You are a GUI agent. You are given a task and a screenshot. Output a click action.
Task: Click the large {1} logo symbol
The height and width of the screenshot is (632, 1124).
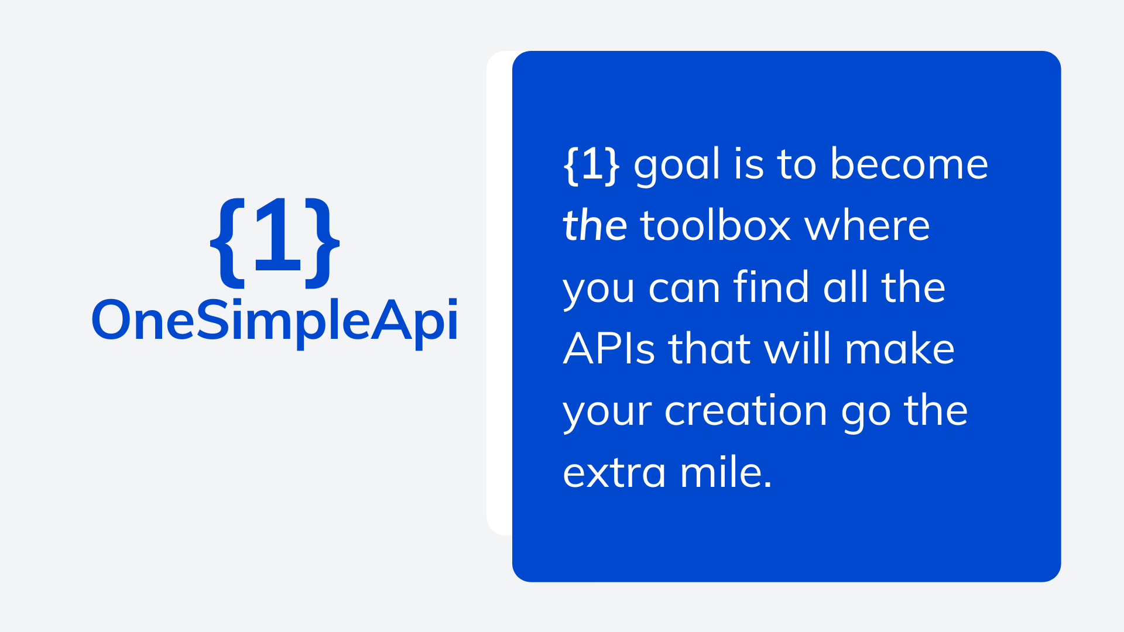coord(275,241)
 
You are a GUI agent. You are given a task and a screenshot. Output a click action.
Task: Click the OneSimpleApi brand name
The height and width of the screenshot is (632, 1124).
coord(275,320)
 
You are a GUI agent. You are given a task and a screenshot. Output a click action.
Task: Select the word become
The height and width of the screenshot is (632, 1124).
coord(909,164)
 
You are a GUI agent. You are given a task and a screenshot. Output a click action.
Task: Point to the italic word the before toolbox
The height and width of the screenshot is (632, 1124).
coord(594,226)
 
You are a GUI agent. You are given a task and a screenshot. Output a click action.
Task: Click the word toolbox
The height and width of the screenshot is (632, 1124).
coord(715,226)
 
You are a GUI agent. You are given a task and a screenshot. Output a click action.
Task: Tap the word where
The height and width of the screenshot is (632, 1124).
coord(867,226)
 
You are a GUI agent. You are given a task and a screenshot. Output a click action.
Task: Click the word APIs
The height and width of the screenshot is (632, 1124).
coord(608,349)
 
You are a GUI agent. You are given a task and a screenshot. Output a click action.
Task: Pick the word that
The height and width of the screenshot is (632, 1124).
coord(709,349)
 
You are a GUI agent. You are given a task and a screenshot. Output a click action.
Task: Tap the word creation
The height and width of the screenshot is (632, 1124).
coord(745,411)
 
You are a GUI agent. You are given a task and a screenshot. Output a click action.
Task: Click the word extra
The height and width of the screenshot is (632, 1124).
coord(614,473)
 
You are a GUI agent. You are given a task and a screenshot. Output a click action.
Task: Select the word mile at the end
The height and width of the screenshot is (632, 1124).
coord(725,473)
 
